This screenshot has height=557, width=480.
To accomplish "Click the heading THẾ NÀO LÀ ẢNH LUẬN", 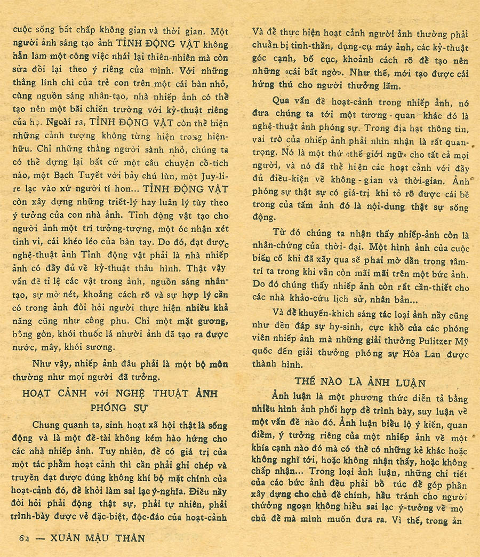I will (360, 383).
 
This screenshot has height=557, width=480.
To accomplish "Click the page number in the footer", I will (22, 538).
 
